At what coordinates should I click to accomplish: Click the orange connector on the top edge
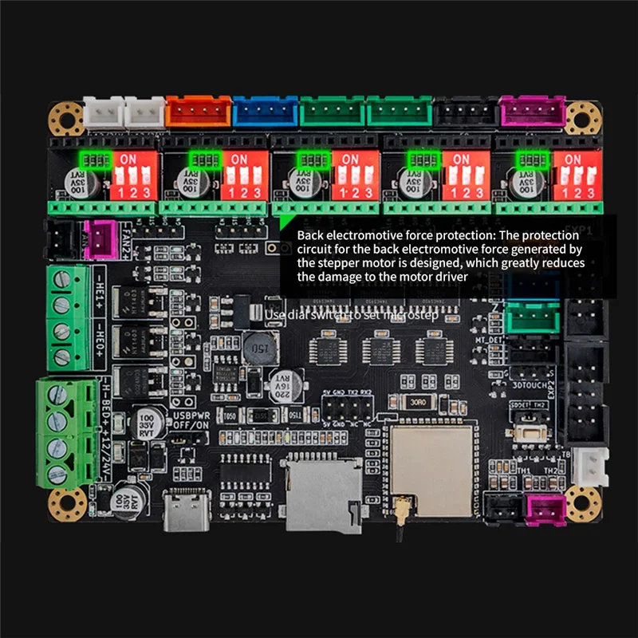199,112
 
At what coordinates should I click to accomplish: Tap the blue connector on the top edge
266,112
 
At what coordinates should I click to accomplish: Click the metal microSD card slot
323,494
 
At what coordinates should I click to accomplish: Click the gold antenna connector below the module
396,504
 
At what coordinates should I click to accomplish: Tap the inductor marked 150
260,348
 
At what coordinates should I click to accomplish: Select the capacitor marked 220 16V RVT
287,385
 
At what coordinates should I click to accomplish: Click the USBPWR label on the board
192,415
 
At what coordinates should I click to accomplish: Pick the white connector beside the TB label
592,467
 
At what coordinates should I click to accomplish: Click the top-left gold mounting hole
66,118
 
